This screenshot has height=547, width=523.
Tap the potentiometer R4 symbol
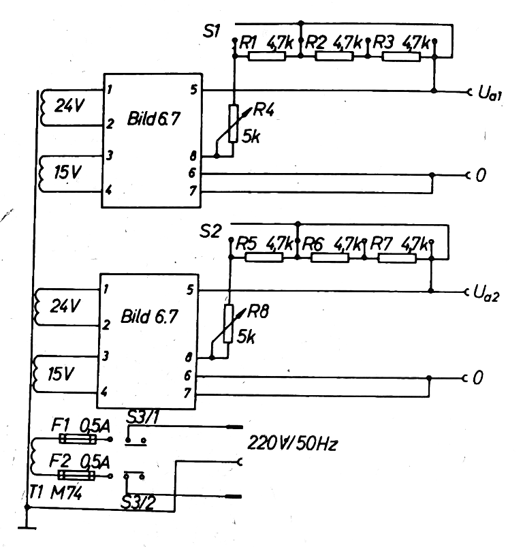point(234,123)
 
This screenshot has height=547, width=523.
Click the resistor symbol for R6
point(330,257)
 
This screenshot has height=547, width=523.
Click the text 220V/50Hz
point(294,445)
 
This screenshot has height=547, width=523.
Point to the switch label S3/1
point(144,417)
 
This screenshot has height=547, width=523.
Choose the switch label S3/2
point(139,503)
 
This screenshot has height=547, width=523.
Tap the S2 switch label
point(211,230)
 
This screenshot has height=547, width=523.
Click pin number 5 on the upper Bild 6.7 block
point(193,89)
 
